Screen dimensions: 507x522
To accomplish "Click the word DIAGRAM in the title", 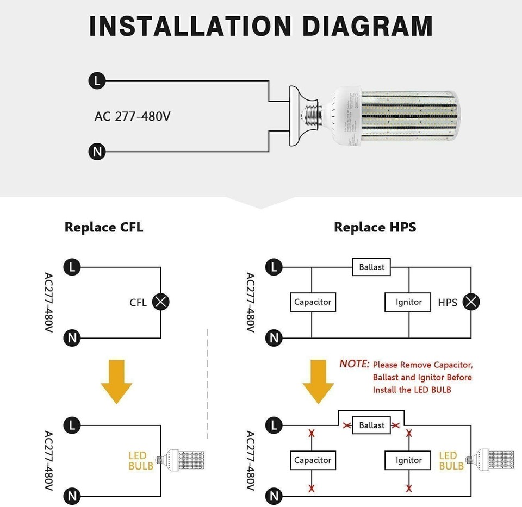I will [x=367, y=26].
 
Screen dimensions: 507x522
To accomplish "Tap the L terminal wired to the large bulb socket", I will [x=97, y=82].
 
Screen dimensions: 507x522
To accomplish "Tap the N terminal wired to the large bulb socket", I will [x=97, y=151].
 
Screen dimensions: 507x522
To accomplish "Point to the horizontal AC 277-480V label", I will [x=132, y=116].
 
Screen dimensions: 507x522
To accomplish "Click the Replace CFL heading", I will [x=104, y=227].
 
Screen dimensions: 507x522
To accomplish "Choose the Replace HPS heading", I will [x=375, y=227].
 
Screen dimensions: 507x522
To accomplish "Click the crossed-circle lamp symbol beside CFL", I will [x=160, y=302].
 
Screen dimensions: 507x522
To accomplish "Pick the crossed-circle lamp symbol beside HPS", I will [x=471, y=302].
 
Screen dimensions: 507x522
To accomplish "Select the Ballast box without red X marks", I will [x=372, y=267].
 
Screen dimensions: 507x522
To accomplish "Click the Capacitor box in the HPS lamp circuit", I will [x=313, y=302].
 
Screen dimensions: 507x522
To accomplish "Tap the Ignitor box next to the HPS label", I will [x=409, y=302].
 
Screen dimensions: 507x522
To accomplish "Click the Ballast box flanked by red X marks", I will [x=372, y=425].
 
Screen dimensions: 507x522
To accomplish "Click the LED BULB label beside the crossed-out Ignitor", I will [x=451, y=461].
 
